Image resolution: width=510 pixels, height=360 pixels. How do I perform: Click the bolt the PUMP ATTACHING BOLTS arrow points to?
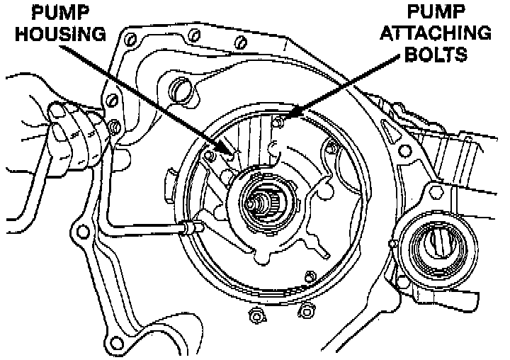click(x=280, y=123)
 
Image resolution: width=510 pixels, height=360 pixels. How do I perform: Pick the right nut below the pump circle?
click(x=306, y=308)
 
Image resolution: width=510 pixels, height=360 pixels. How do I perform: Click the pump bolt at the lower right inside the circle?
click(x=309, y=276)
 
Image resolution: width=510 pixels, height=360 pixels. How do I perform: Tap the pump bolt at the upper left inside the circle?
click(x=209, y=154)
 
